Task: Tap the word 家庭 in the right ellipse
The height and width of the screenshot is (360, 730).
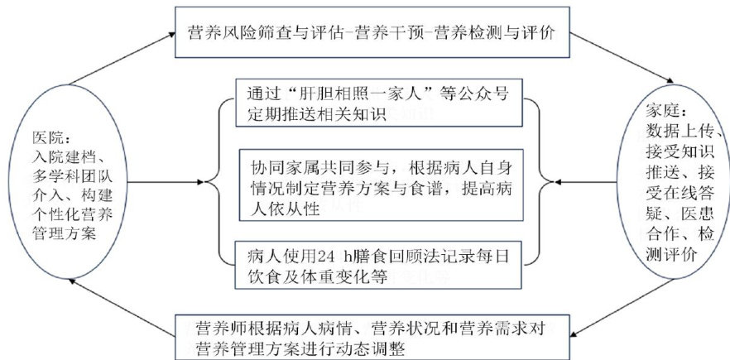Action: coord(662,114)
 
